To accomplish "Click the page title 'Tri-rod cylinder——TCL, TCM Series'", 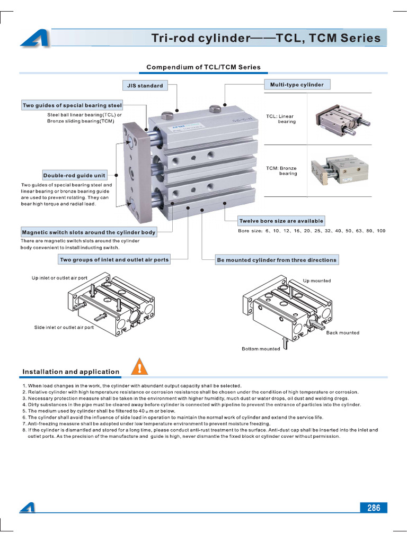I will pos(266,38).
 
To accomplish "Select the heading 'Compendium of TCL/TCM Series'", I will pos(203,67).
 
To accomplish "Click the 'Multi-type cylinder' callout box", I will pos(297,85).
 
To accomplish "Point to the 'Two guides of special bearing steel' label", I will pos(72,105).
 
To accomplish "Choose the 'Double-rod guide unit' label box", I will pos(74,175).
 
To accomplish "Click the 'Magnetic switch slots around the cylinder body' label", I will pos(89,232).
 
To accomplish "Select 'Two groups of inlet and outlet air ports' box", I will pos(114,260).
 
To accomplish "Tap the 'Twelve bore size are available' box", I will pos(281,221).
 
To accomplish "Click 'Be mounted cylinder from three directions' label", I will pos(276,260).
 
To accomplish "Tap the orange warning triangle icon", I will pos(139,366).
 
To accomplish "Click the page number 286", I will pos(374,508).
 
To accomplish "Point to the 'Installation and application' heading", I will pos(70,372).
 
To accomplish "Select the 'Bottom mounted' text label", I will pos(261,349).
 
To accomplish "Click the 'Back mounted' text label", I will pos(342,333).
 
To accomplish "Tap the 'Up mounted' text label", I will pos(317,281).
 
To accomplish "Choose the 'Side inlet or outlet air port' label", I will pos(64,328).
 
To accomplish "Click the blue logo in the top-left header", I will pos(34,38).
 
